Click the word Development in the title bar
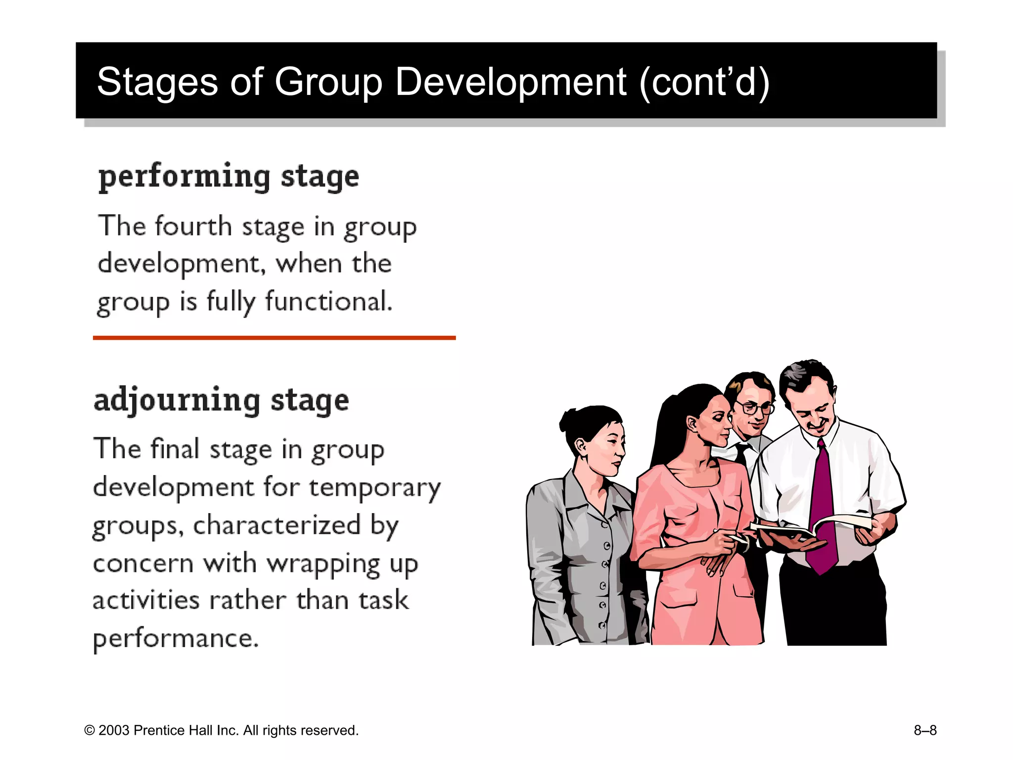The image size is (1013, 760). click(510, 82)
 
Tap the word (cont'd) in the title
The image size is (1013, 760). click(704, 82)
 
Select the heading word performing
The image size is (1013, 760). click(184, 178)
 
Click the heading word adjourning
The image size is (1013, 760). click(177, 401)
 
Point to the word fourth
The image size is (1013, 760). click(193, 227)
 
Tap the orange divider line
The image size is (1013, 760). click(274, 338)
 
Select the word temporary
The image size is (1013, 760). click(374, 488)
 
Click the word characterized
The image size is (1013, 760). click(276, 525)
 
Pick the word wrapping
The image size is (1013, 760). click(323, 564)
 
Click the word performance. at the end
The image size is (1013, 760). click(176, 639)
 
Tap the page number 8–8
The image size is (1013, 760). click(924, 730)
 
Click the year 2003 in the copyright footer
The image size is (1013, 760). click(115, 730)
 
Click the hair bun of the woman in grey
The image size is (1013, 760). click(569, 421)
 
